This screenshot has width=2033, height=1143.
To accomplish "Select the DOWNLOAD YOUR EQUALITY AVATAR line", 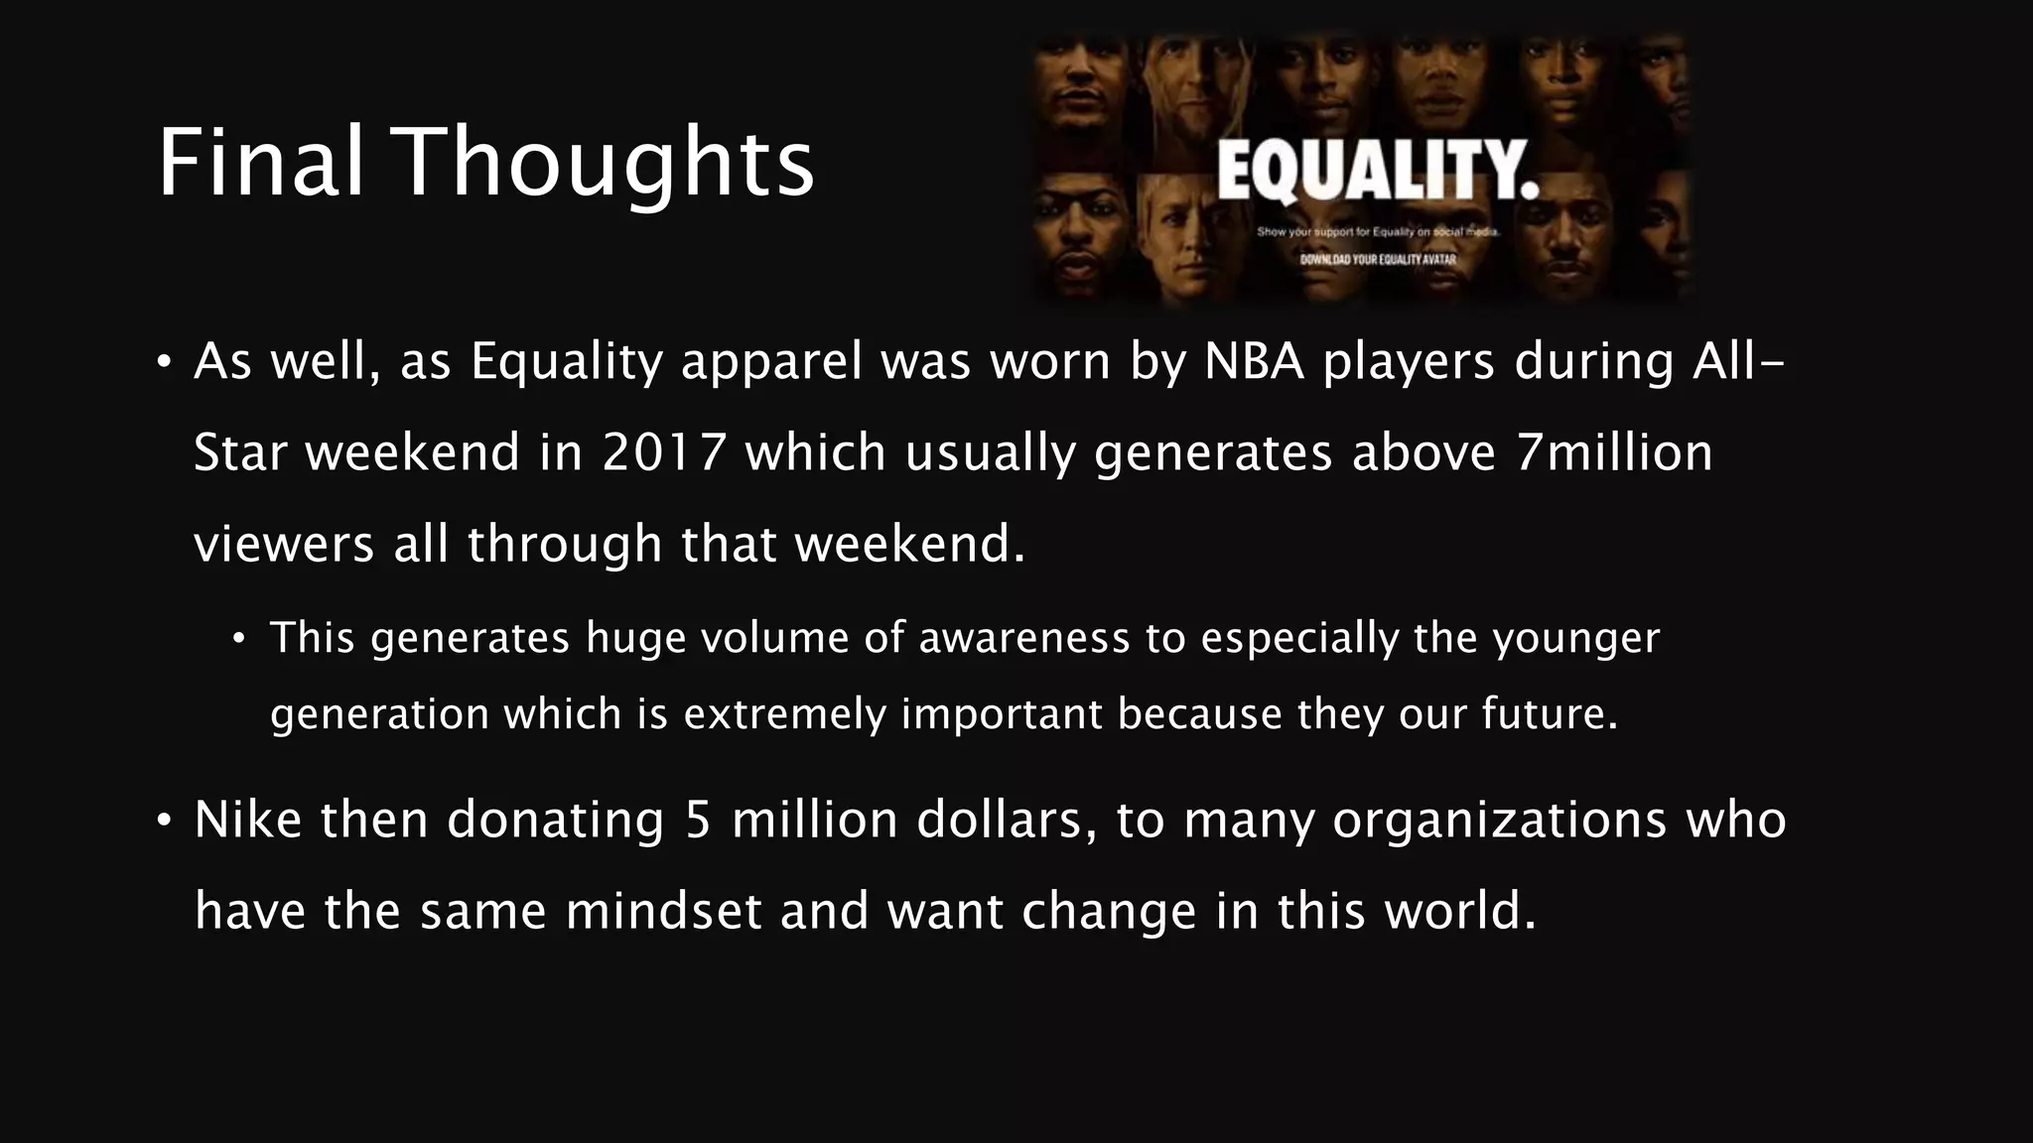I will [1378, 260].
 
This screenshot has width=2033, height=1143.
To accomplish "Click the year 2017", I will [664, 452].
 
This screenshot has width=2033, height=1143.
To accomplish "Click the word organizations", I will [1499, 821].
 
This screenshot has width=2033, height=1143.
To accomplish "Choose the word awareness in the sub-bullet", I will [1023, 637].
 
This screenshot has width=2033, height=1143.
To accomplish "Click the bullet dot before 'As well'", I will [165, 361].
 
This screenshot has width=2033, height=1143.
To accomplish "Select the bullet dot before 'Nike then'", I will [165, 821].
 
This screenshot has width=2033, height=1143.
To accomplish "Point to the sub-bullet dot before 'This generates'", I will [238, 638].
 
